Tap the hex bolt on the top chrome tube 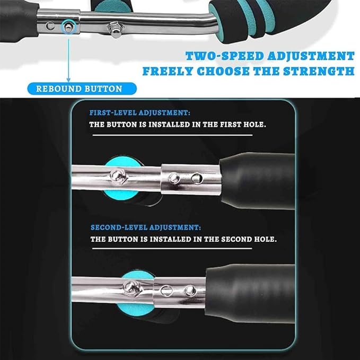115,28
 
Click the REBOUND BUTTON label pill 79,89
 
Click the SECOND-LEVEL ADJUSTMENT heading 146,227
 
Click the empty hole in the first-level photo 196,178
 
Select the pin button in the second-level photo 189,291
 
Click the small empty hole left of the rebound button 50,25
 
